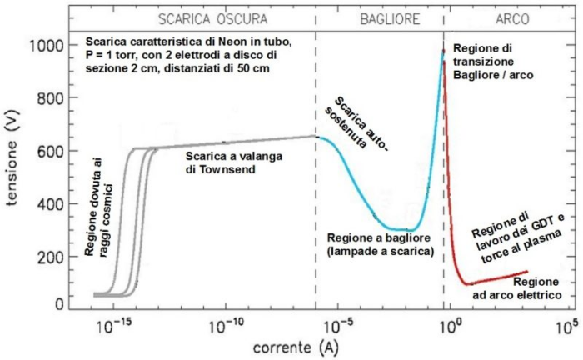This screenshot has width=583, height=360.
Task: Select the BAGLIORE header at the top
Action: [379, 17]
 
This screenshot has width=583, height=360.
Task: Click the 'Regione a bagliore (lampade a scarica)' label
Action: [378, 244]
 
